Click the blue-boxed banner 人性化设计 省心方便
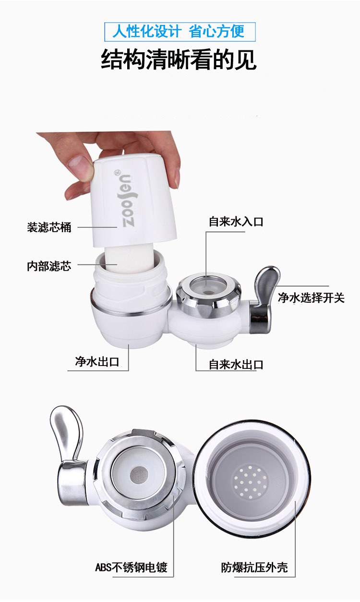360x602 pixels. point(180,32)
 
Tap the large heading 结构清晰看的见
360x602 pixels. point(179,59)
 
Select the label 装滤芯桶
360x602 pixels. point(49,227)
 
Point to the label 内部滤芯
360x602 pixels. point(49,266)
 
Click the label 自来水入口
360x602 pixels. point(236,222)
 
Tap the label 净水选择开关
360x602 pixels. point(311,298)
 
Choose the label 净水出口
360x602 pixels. point(97,362)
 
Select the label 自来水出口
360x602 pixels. point(236,365)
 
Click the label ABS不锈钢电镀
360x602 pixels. point(131,567)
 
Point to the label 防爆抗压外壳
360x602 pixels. point(254,567)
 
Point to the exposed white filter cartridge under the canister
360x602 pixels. point(129,258)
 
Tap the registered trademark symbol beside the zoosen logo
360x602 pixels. point(118,171)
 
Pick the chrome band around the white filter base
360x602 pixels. point(131,309)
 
